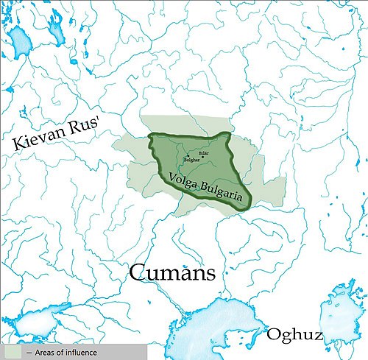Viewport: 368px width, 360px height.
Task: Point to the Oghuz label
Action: (x=294, y=336)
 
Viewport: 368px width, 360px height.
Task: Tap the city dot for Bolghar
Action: (x=186, y=155)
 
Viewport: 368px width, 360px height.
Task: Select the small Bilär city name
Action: (x=204, y=152)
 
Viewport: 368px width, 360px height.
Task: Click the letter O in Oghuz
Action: (x=272, y=335)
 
